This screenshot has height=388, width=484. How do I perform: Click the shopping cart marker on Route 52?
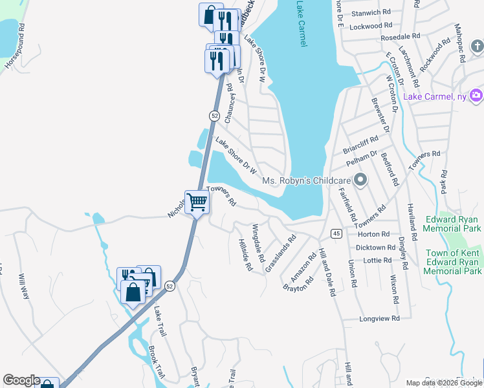click(197, 202)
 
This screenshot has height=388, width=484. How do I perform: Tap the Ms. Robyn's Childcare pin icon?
click(361, 180)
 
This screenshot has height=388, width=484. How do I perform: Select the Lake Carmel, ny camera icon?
click(476, 96)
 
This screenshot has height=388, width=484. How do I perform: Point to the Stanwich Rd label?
click(370, 12)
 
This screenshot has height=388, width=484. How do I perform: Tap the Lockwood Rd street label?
click(371, 26)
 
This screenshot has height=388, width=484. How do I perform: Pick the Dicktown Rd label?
click(375, 248)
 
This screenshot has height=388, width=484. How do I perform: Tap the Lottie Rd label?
click(378, 261)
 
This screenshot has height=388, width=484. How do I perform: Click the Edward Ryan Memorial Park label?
click(453, 224)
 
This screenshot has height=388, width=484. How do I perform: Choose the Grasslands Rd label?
click(280, 253)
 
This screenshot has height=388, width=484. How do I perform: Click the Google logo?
click(21, 380)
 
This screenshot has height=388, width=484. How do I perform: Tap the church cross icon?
click(477, 47)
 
